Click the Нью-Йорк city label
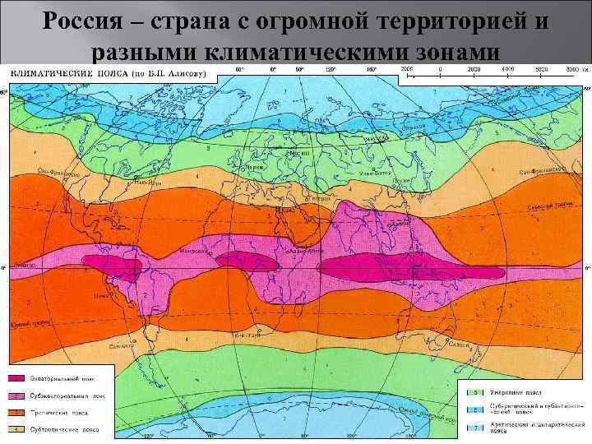click(x=146, y=183)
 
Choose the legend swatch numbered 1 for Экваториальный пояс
click(x=16, y=378)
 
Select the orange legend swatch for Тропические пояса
click(x=16, y=412)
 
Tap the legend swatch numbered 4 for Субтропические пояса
click(x=16, y=428)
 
